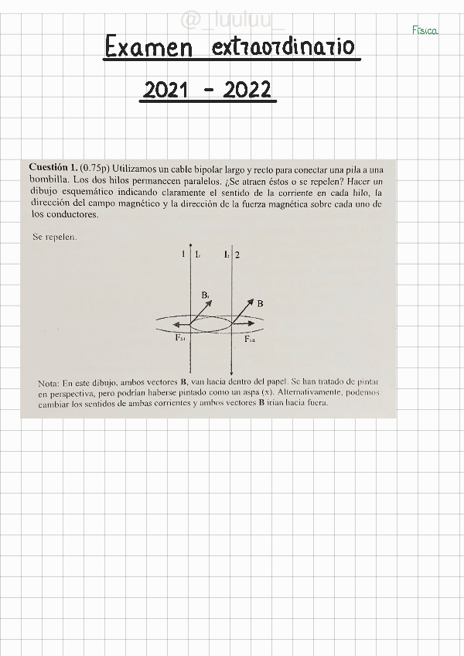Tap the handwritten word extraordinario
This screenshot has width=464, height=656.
click(x=282, y=48)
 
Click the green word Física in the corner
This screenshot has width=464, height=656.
click(x=425, y=31)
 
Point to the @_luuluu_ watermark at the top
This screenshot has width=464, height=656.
click(x=232, y=19)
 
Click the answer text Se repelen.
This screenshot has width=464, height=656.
click(x=54, y=237)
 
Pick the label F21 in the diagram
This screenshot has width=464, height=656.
click(x=179, y=339)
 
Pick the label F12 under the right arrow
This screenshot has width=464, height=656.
click(x=251, y=339)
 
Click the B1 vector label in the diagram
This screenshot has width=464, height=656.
click(x=205, y=295)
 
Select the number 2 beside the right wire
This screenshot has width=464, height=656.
click(x=237, y=254)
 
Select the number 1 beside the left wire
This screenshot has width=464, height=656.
click(x=183, y=254)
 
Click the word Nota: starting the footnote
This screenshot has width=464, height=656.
click(x=49, y=384)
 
